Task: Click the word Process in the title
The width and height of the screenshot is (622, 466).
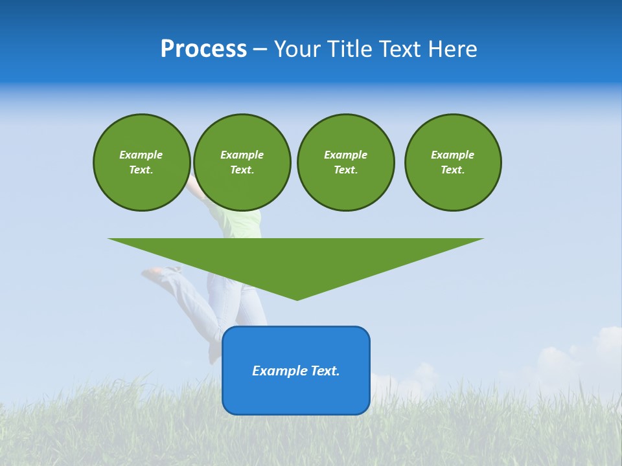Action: click(203, 49)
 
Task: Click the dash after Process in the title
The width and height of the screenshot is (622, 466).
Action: click(260, 50)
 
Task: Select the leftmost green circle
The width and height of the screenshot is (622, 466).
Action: click(141, 162)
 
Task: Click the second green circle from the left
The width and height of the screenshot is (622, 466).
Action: click(242, 162)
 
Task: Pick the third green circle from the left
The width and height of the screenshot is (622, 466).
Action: click(345, 162)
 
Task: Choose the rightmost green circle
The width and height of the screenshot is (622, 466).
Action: click(453, 162)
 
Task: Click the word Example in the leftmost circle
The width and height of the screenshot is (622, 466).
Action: click(141, 155)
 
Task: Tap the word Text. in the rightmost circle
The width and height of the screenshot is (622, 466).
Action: click(453, 170)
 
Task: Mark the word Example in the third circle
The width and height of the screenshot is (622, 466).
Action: click(345, 155)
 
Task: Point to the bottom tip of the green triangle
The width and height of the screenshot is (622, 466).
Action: click(297, 299)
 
